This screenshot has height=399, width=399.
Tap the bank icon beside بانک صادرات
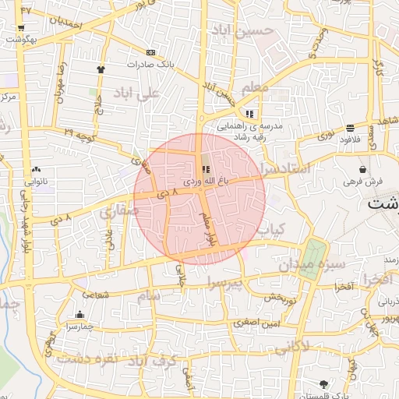(150, 53)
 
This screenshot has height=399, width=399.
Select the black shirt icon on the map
(101, 69)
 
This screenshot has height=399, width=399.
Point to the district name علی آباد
(136, 93)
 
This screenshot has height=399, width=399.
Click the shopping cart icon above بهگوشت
(20, 29)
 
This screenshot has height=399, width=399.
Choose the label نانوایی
(37, 181)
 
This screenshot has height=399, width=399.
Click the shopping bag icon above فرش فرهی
(363, 170)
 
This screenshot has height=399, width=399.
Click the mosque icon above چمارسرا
(79, 315)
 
